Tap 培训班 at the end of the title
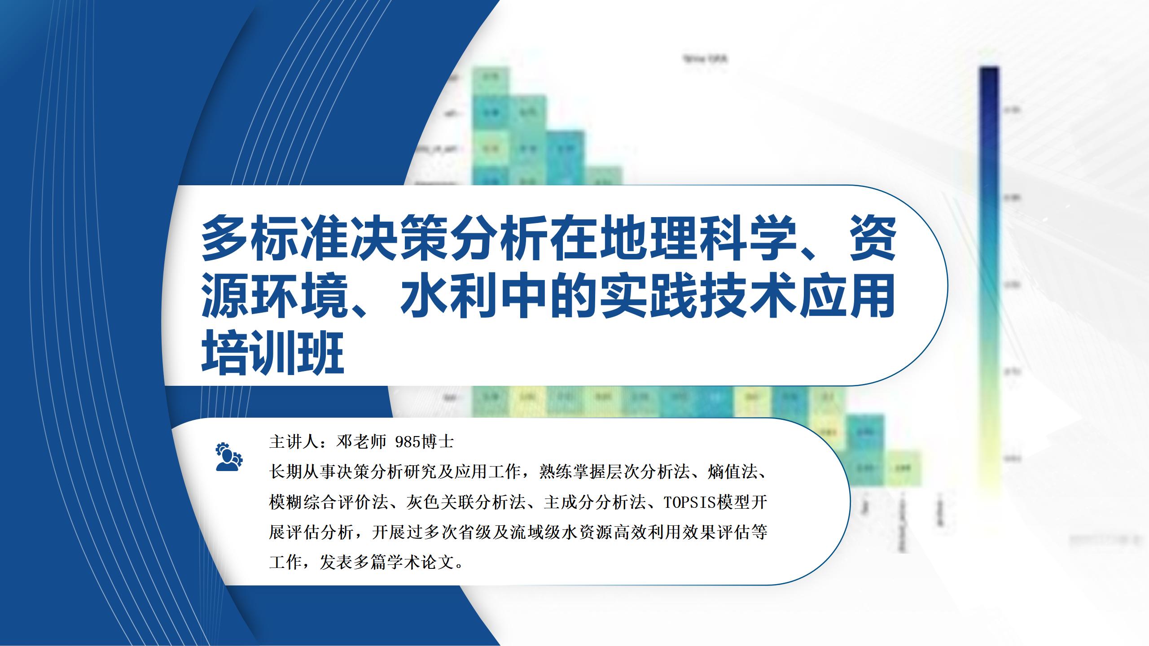coord(273,353)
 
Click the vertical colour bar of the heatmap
coord(989,269)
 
